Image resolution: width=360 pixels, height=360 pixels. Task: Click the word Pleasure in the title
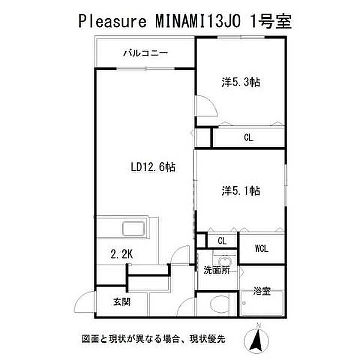coord(112,22)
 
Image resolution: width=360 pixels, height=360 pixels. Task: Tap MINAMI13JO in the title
coord(199,21)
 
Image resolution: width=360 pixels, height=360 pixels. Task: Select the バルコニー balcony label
coord(146,53)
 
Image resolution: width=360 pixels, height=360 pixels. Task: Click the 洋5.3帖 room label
coord(241,82)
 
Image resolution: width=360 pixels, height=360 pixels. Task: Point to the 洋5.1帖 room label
coord(241,191)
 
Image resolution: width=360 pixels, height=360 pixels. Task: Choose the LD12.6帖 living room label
coord(153,167)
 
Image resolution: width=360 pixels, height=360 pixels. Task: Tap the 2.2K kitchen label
coord(122,254)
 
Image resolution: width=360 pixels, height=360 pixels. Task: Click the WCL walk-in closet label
coord(261,248)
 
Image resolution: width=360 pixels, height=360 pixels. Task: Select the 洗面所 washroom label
coord(217,270)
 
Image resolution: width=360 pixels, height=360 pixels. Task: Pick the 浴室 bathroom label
coord(262,291)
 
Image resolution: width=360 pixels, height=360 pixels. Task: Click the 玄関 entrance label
coord(122,302)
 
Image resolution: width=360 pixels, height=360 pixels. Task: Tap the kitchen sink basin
coord(134,228)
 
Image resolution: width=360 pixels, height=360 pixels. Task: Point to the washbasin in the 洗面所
coord(225,261)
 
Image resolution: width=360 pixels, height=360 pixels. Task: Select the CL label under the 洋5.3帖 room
coord(248,138)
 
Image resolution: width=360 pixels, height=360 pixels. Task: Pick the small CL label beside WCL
coord(222,241)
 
